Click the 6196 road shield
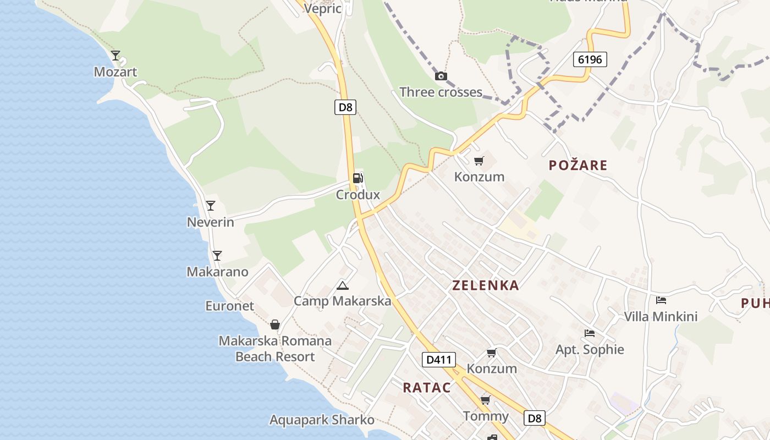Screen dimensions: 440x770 (590, 59)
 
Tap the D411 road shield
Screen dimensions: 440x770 (439, 360)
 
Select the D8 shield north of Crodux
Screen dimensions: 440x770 (345, 107)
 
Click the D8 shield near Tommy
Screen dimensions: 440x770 (535, 418)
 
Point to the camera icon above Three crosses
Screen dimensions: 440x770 (441, 76)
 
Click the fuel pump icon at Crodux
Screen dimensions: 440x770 (358, 178)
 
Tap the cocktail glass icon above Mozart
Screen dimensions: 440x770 (116, 56)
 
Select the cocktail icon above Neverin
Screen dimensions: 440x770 (210, 206)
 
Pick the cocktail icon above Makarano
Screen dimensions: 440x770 (217, 255)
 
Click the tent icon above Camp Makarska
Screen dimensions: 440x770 (343, 285)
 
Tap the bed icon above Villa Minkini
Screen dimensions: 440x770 (661, 300)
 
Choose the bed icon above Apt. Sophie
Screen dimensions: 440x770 (590, 333)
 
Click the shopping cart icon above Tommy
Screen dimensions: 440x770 (485, 400)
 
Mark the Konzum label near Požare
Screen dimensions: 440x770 (479, 177)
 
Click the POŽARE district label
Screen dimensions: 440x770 (578, 165)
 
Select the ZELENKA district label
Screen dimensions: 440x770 (486, 285)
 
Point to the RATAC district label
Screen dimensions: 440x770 (427, 387)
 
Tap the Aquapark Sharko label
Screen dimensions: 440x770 (322, 420)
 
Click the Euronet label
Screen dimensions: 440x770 (230, 306)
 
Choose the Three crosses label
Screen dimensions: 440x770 (441, 92)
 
